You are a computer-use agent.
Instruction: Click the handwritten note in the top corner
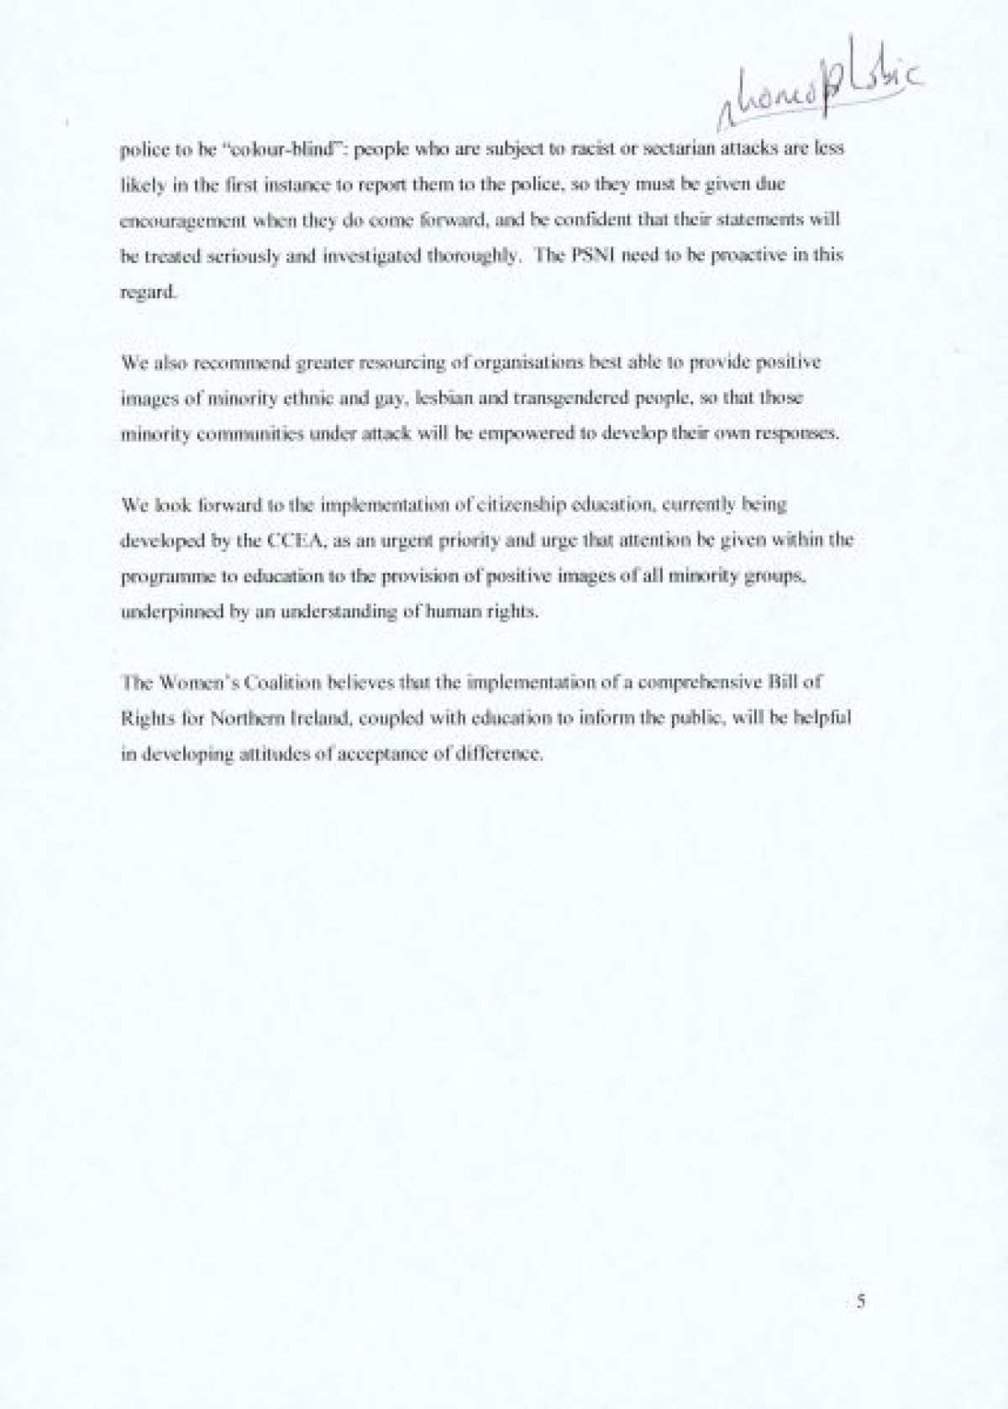pyautogui.click(x=811, y=92)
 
